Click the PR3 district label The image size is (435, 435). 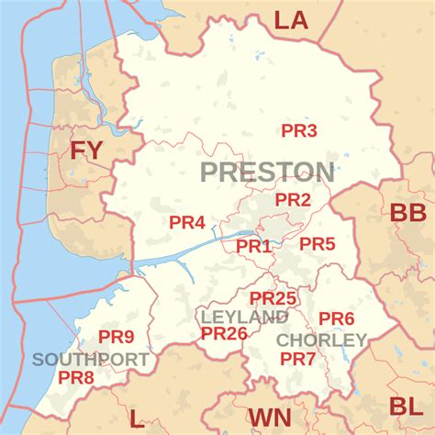[299, 131]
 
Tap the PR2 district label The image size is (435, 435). [294, 199]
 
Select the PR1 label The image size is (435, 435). [254, 246]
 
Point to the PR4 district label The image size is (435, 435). [187, 222]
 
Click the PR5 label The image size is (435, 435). [318, 243]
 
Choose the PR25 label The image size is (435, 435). [273, 298]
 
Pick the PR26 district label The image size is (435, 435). [224, 333]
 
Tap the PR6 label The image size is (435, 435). [337, 318]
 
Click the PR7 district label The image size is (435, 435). [298, 358]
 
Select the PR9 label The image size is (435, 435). [117, 336]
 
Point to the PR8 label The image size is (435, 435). [76, 376]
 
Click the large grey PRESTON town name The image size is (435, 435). [267, 172]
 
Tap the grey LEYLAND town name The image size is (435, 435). [244, 317]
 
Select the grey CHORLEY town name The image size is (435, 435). [321, 340]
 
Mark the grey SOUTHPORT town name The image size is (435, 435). [90, 359]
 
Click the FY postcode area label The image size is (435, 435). [87, 150]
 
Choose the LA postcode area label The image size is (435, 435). [292, 20]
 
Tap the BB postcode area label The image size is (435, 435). [407, 214]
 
